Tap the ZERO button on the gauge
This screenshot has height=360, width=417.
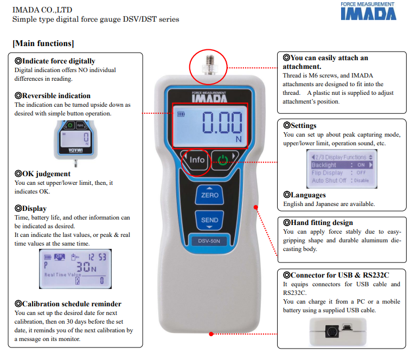(x=209, y=195)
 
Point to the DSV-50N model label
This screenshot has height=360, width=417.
(x=209, y=241)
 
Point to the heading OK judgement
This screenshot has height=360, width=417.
(x=46, y=174)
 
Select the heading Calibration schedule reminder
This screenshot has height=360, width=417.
(x=71, y=304)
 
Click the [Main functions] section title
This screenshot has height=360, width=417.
(x=43, y=43)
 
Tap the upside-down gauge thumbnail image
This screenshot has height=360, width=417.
(x=75, y=140)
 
